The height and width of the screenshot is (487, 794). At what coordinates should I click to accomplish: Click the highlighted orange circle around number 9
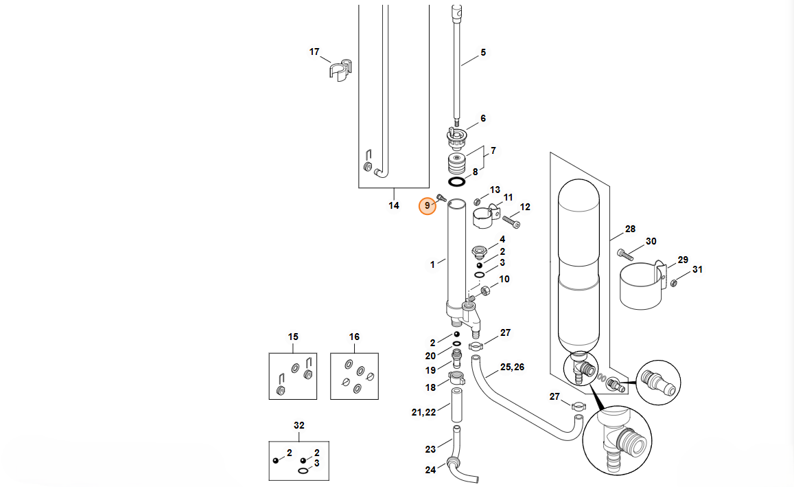(428, 205)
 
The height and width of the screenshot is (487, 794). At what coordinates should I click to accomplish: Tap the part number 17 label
(314, 52)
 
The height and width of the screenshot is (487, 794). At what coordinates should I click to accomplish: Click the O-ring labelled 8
(456, 182)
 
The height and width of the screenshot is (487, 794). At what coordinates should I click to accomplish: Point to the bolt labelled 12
(511, 222)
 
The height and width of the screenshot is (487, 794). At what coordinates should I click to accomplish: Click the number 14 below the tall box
(394, 205)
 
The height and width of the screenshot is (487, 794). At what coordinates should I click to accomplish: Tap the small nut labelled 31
(674, 282)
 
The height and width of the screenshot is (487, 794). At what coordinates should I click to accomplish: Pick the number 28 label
(630, 229)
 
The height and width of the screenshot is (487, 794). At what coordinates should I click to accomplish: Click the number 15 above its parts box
(293, 337)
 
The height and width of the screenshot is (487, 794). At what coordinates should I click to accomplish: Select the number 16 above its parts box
(354, 337)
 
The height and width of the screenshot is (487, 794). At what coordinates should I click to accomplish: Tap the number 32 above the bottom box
(299, 426)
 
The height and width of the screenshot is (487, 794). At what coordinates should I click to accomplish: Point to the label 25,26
(512, 367)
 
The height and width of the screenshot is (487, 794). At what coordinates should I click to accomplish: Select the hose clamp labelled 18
(456, 376)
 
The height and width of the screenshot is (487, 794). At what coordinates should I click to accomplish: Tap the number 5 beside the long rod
(482, 53)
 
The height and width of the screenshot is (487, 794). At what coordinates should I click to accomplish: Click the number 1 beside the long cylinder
(432, 264)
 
